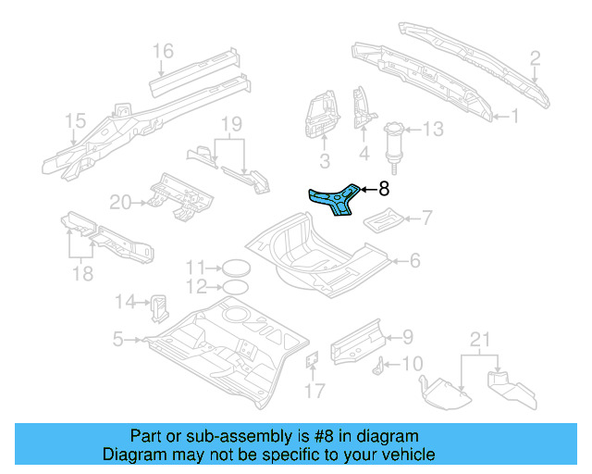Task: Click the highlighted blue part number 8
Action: (334, 202)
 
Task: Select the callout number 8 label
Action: (384, 190)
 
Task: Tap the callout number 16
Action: (163, 51)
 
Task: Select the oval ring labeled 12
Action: (235, 285)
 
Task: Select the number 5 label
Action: (117, 341)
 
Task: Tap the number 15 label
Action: (75, 121)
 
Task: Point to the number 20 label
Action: (121, 201)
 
